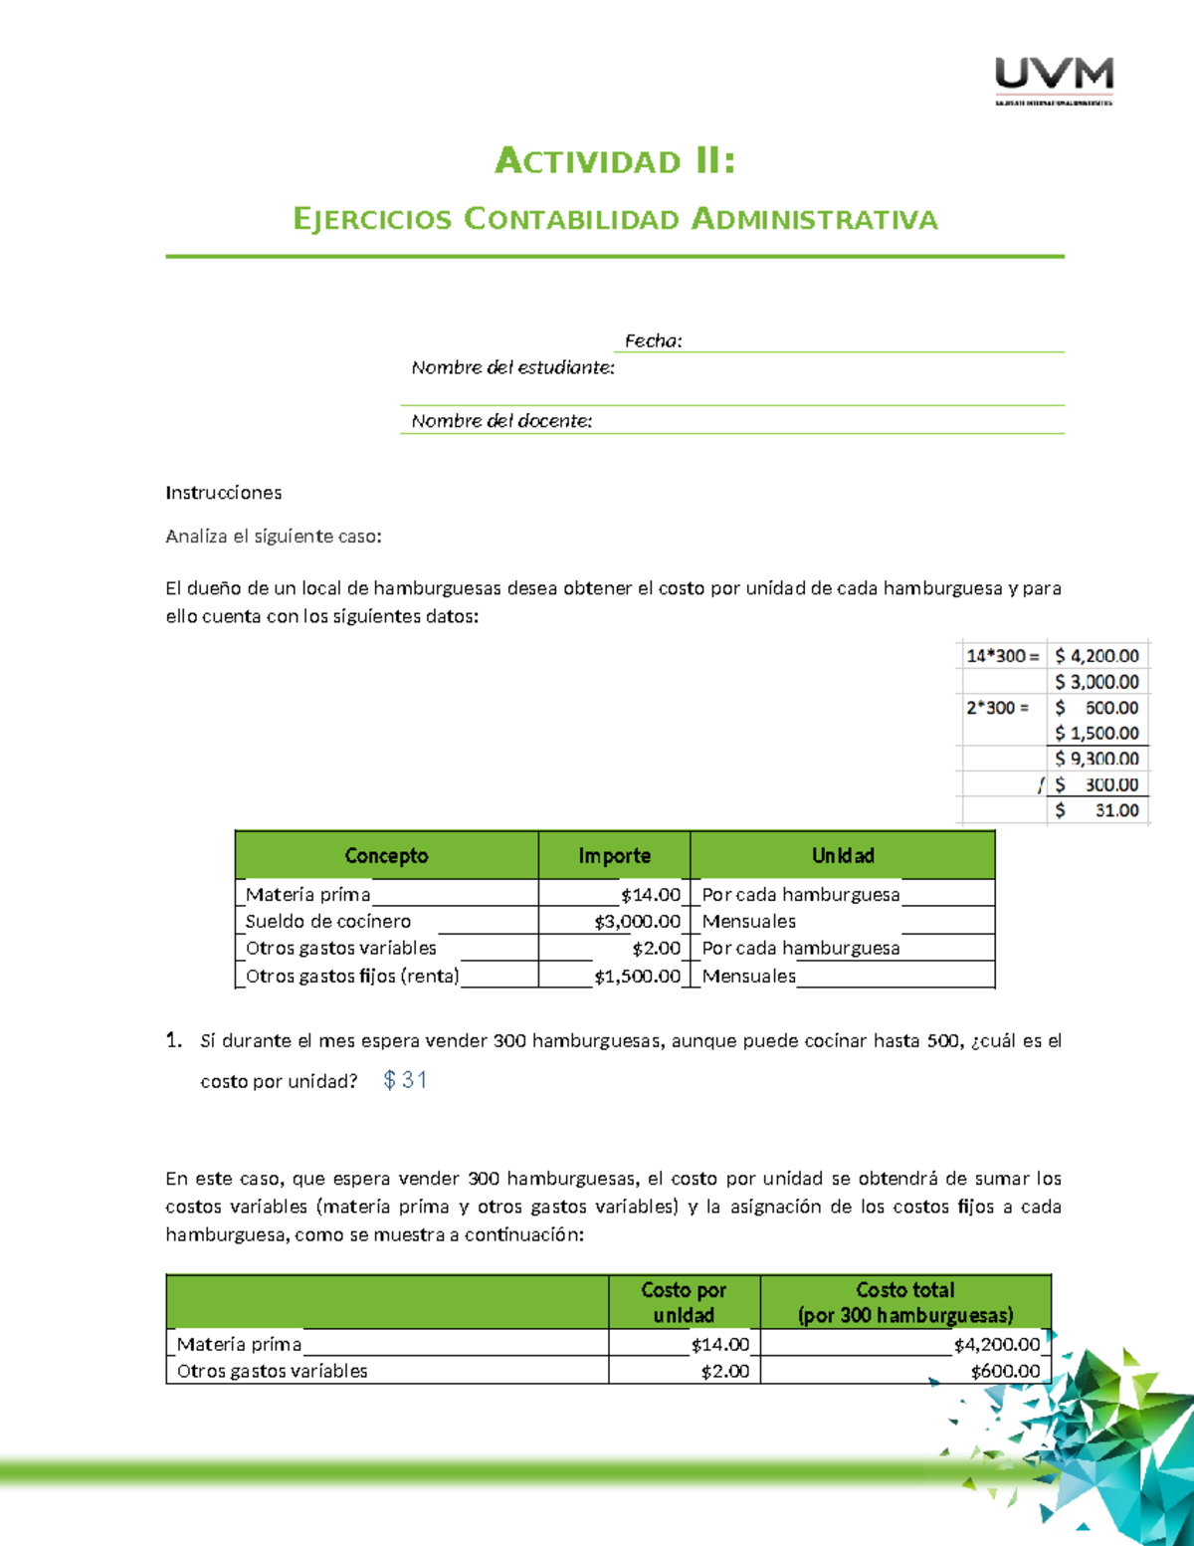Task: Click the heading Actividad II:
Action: [x=615, y=160]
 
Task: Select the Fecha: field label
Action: [x=653, y=340]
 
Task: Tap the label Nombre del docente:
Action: [x=501, y=421]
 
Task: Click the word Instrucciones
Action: [x=223, y=493]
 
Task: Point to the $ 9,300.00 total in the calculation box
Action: [x=1097, y=759]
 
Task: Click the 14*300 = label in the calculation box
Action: [x=1001, y=656]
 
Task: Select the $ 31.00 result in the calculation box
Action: [x=1097, y=810]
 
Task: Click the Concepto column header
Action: [x=386, y=856]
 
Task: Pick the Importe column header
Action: [x=614, y=856]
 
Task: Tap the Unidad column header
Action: [x=842, y=856]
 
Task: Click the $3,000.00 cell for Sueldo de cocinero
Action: [x=637, y=922]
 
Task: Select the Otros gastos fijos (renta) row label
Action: [x=352, y=977]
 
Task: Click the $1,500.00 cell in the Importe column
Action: [x=637, y=977]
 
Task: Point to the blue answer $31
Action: [x=405, y=1080]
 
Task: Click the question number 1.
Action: [x=174, y=1041]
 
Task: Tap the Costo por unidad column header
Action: [x=684, y=1302]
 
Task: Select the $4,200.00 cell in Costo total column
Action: [x=996, y=1345]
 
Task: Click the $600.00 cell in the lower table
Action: [x=1005, y=1372]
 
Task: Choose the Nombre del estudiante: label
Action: [x=512, y=368]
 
